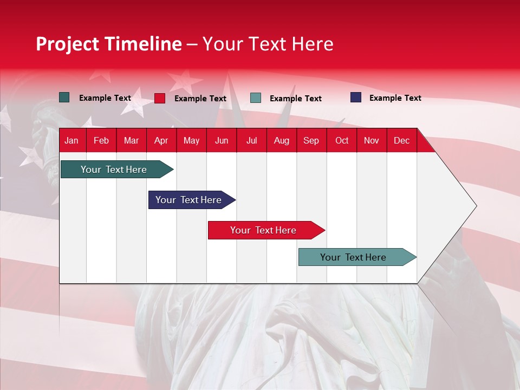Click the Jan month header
pyautogui.click(x=71, y=141)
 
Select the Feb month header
pyautogui.click(x=101, y=141)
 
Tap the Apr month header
pyautogui.click(x=161, y=141)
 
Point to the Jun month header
pyautogui.click(x=222, y=141)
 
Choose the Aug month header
pyautogui.click(x=281, y=141)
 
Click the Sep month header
pyautogui.click(x=311, y=141)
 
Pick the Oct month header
pyautogui.click(x=342, y=141)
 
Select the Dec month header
pyautogui.click(x=401, y=141)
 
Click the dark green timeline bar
pyautogui.click(x=114, y=170)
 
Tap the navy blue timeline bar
pyautogui.click(x=188, y=200)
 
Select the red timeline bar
pyautogui.click(x=263, y=230)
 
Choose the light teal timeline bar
pyautogui.click(x=353, y=257)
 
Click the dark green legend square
pyautogui.click(x=64, y=97)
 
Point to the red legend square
pyautogui.click(x=160, y=98)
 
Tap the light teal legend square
pyautogui.click(x=256, y=98)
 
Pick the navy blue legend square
pyautogui.click(x=356, y=97)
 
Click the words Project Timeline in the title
pyautogui.click(x=109, y=44)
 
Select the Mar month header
pyautogui.click(x=131, y=141)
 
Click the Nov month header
pyautogui.click(x=372, y=141)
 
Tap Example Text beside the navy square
pyautogui.click(x=395, y=98)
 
